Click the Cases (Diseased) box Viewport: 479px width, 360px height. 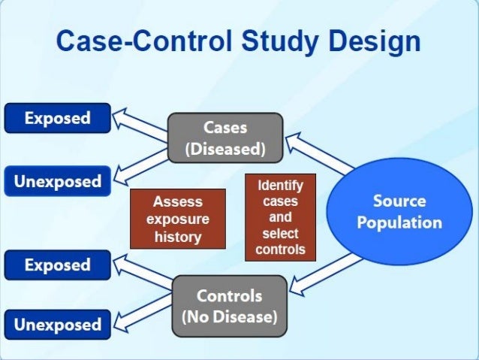point(225,138)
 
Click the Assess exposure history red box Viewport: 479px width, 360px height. point(178,219)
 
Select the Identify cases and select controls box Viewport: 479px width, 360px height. point(280,217)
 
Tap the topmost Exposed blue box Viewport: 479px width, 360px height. point(57,118)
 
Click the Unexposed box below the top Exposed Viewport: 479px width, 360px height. point(57,181)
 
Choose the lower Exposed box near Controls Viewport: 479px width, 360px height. point(57,265)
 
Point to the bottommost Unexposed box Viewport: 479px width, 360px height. point(57,325)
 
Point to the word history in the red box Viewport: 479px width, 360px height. point(178,237)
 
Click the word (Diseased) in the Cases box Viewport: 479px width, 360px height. point(225,149)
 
